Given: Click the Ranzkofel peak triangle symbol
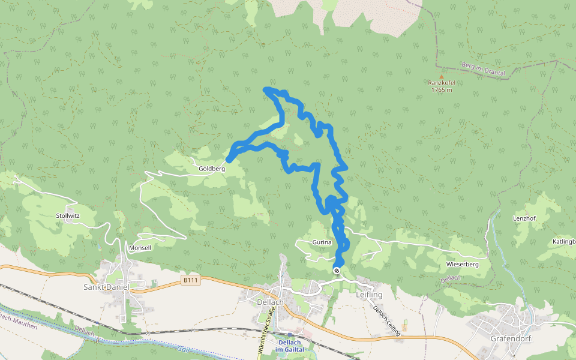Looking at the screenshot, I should pyautogui.click(x=442, y=77).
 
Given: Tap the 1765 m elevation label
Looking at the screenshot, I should pyautogui.click(x=442, y=90).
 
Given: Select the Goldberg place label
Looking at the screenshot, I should pyautogui.click(x=212, y=169).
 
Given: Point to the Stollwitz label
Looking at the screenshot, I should pyautogui.click(x=68, y=215).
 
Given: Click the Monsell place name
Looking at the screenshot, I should pyautogui.click(x=140, y=248).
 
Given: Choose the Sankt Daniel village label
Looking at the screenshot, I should pyautogui.click(x=106, y=287).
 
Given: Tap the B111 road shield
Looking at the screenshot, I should pyautogui.click(x=191, y=280).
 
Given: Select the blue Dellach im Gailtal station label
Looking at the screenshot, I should pyautogui.click(x=290, y=346).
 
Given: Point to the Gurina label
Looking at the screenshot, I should pyautogui.click(x=322, y=242).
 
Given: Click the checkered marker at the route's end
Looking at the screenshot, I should pyautogui.click(x=337, y=271).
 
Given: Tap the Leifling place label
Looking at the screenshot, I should pyautogui.click(x=369, y=295).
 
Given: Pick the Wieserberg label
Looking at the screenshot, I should pyautogui.click(x=462, y=265).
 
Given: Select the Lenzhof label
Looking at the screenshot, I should pyautogui.click(x=524, y=218).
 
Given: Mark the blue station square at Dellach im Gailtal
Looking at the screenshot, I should pyautogui.click(x=290, y=334).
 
